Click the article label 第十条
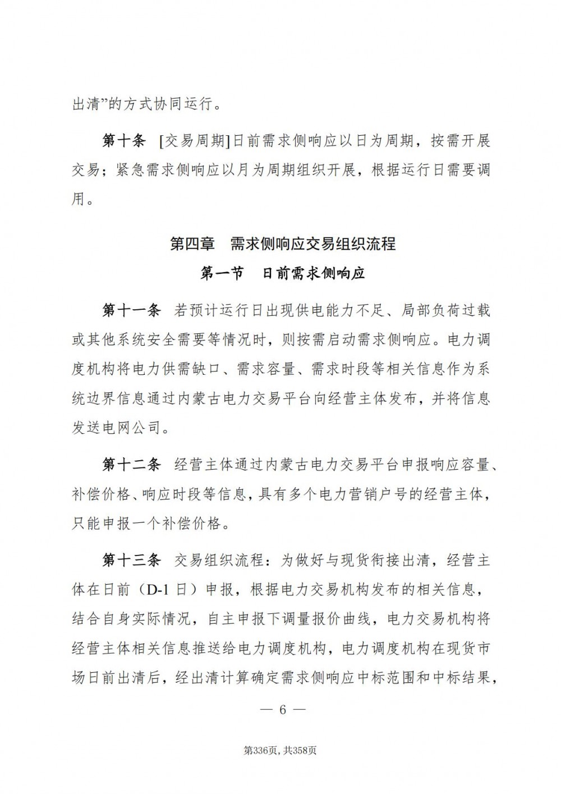tap(124, 141)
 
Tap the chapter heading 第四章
tap(192, 244)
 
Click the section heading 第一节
tap(222, 273)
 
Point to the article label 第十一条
tap(131, 310)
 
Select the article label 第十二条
tap(131, 465)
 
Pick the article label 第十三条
tap(131, 561)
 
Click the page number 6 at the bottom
tap(283, 710)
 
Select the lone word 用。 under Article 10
tap(83, 199)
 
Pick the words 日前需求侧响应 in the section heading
tap(314, 273)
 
